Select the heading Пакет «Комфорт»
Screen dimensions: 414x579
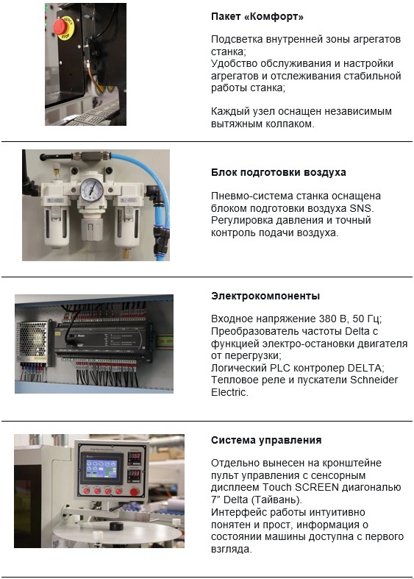(x=257, y=17)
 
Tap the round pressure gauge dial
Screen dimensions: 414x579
(x=91, y=190)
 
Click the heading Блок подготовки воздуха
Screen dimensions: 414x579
(x=279, y=172)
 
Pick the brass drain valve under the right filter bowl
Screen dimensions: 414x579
(x=126, y=253)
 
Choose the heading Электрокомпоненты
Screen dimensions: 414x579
(x=265, y=296)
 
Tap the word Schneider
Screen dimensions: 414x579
(x=374, y=380)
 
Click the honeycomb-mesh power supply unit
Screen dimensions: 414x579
(x=32, y=341)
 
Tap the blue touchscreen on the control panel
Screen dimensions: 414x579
(x=101, y=468)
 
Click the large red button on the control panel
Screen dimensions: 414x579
(x=135, y=491)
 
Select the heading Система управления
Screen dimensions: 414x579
(x=266, y=440)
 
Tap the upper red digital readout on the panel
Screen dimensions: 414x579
(x=134, y=455)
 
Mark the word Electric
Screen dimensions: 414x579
(x=229, y=392)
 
